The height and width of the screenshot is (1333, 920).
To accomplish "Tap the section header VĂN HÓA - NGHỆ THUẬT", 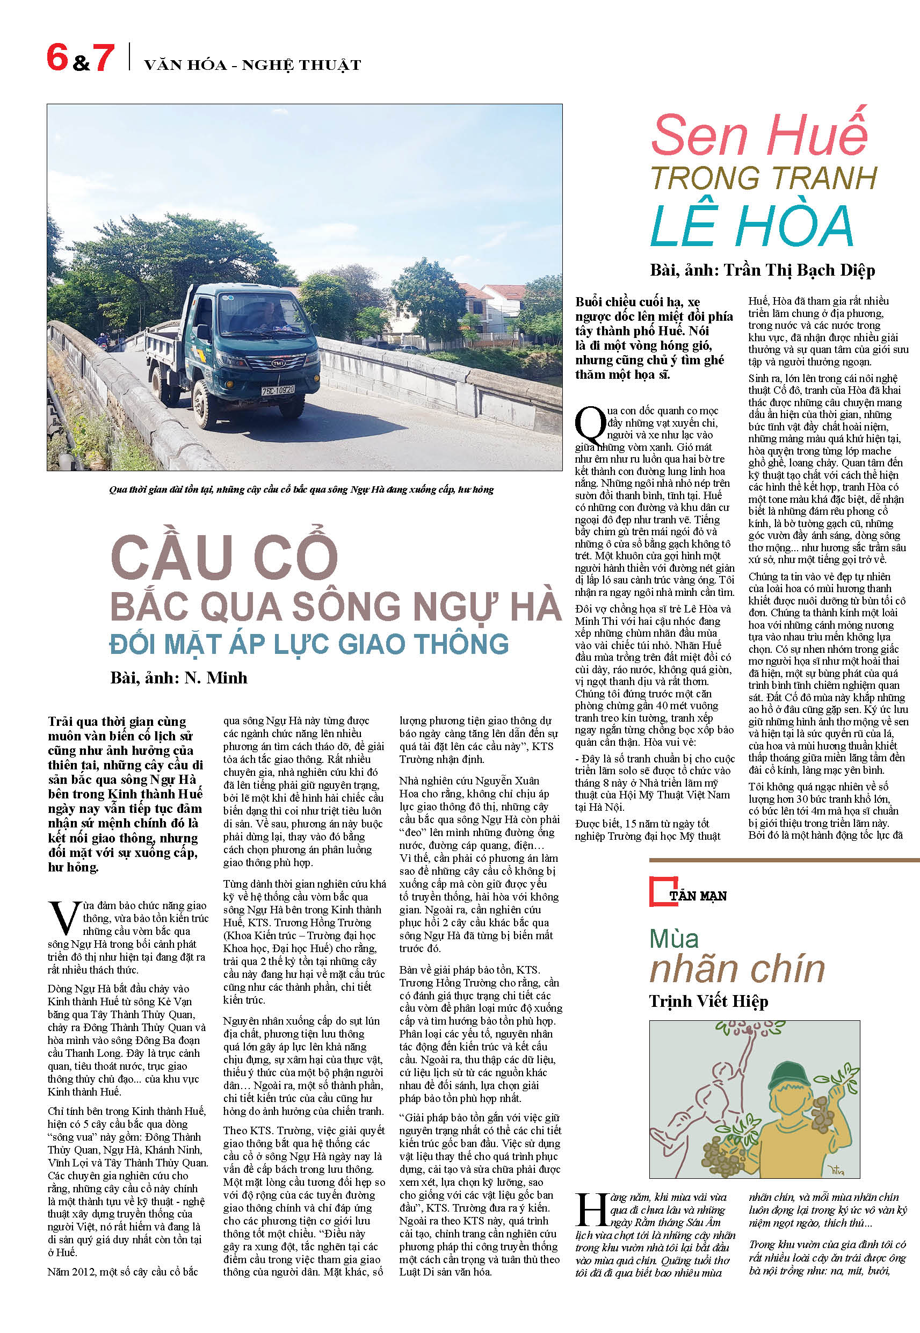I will (x=252, y=64).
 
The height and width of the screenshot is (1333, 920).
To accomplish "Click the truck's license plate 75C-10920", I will (x=278, y=390).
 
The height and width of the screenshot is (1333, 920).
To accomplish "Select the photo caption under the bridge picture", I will (x=301, y=489).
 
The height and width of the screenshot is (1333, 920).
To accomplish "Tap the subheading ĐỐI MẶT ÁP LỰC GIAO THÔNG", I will (x=309, y=644).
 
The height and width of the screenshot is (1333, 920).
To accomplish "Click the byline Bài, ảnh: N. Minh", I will (x=179, y=678).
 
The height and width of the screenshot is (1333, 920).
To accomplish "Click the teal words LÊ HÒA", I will (x=751, y=226).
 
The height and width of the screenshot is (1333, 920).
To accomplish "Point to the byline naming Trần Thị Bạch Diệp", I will (x=762, y=270).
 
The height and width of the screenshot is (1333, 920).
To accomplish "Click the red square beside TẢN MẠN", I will (x=663, y=891).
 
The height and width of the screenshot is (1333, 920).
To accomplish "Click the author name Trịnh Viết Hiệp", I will (x=708, y=1001).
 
